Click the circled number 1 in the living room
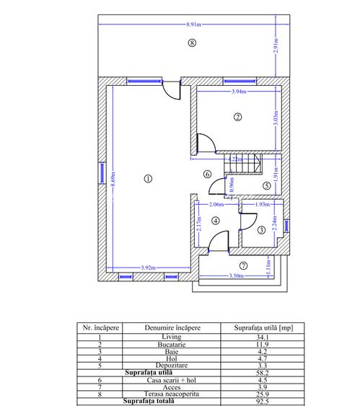point(147,179)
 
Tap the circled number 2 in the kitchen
point(237,116)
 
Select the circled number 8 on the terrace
point(190,43)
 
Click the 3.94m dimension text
point(237,92)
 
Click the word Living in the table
point(172,336)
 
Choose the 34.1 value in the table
point(265,336)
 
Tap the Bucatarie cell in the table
point(172,344)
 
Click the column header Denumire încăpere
point(172,327)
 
